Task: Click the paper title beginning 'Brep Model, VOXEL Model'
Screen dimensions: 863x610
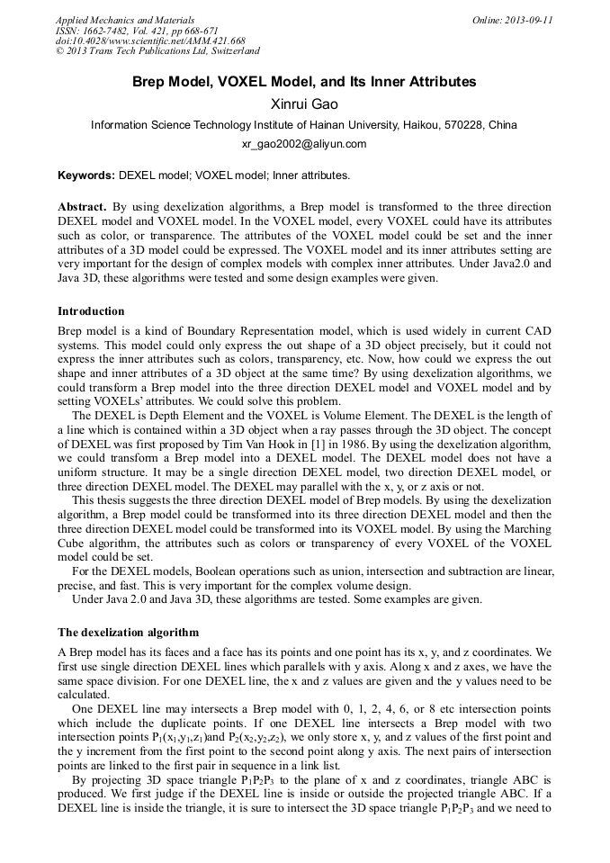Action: point(304,82)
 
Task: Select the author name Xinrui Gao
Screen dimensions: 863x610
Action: point(304,103)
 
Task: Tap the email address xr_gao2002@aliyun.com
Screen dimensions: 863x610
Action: point(304,144)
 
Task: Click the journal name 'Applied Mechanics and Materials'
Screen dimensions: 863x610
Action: point(124,20)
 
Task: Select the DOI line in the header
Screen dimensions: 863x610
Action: point(150,41)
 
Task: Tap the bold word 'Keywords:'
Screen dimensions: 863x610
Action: point(86,175)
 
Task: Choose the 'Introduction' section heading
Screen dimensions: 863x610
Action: point(91,311)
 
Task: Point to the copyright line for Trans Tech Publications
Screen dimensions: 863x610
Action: point(157,52)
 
